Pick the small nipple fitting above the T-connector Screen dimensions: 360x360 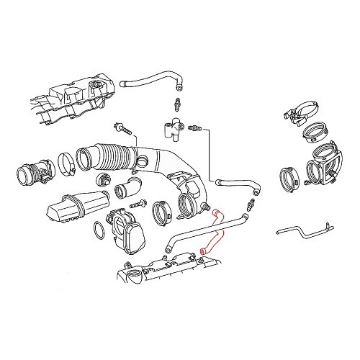177,102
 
